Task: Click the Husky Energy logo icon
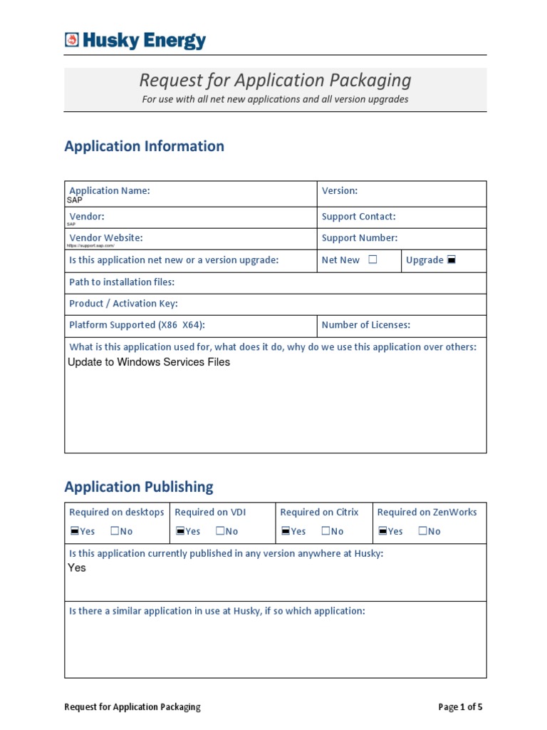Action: [x=71, y=41]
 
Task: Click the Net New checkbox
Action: [x=373, y=260]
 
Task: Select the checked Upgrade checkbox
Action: [x=451, y=260]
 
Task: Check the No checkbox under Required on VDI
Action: [x=220, y=531]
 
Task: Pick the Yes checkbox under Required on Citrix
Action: [x=285, y=531]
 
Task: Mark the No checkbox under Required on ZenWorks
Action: [x=423, y=531]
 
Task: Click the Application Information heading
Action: [x=144, y=146]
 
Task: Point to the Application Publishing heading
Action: [x=138, y=487]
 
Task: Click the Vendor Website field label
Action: [x=105, y=237]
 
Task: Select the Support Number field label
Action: [x=359, y=238]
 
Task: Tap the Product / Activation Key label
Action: [x=123, y=304]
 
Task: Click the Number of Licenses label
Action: [x=365, y=325]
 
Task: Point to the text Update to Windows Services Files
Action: [x=149, y=362]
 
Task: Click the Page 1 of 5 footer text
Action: [x=460, y=707]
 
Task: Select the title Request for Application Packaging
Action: [x=275, y=80]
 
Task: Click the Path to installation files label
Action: [x=121, y=282]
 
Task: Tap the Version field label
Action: [x=339, y=190]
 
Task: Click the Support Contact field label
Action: [x=358, y=217]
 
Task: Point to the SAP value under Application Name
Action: [x=74, y=200]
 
